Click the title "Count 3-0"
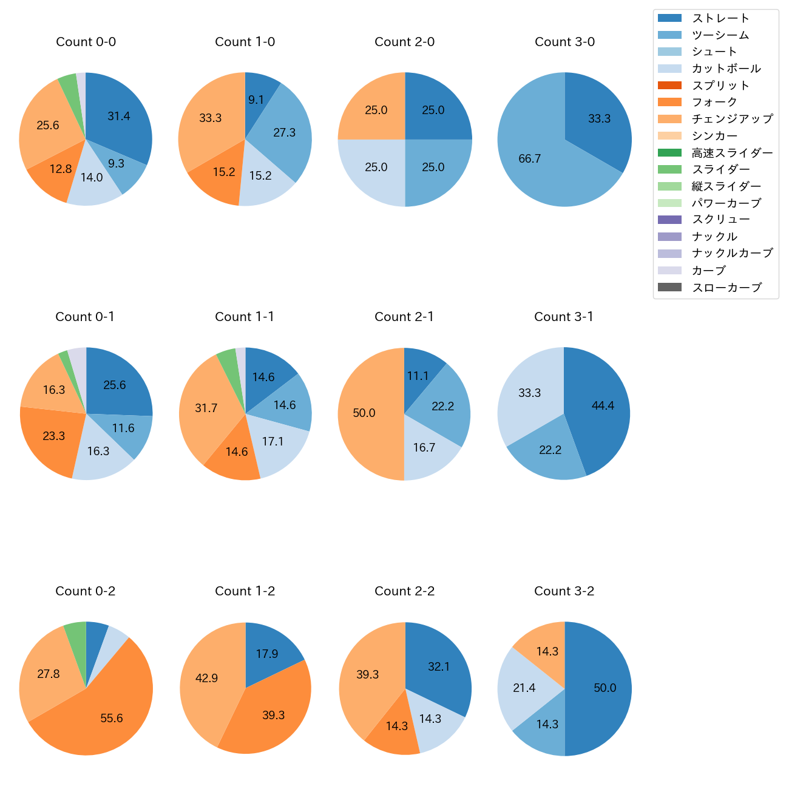pyautogui.click(x=564, y=42)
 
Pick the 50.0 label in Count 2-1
pyautogui.click(x=364, y=413)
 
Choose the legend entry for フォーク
pyautogui.click(x=714, y=102)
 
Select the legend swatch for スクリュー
pyautogui.click(x=669, y=220)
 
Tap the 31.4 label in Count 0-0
pyautogui.click(x=119, y=117)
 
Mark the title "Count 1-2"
pyautogui.click(x=245, y=591)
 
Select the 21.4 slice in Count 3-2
pyautogui.click(x=525, y=688)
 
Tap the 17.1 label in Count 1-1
pyautogui.click(x=273, y=442)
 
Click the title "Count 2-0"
pyautogui.click(x=405, y=42)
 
